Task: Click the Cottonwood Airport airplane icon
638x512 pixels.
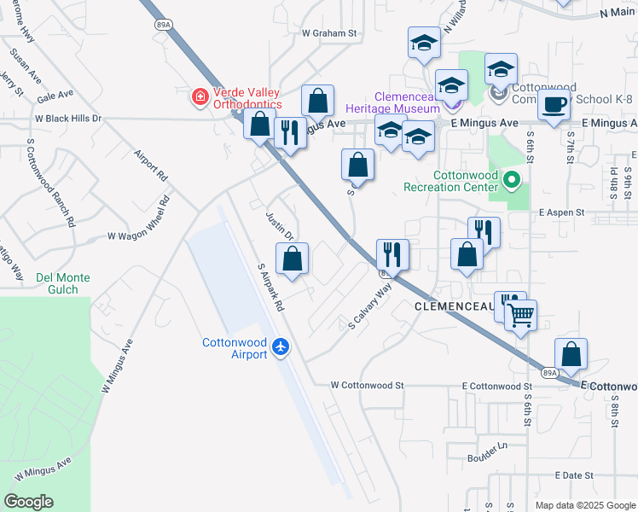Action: [282, 346]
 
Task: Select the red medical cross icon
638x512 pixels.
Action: [200, 98]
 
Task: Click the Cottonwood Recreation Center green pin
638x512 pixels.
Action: [512, 180]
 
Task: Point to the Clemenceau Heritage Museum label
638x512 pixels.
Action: [392, 102]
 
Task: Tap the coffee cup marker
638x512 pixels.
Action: [554, 105]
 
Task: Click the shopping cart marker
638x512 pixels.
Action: [520, 315]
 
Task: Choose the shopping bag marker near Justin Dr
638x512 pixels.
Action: [292, 258]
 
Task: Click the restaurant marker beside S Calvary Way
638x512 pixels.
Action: [392, 254]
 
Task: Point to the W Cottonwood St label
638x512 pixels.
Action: [367, 386]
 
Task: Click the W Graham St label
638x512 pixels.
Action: [328, 33]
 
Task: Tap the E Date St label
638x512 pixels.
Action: [573, 474]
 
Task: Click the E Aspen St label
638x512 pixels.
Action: [561, 212]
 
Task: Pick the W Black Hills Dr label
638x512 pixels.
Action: [68, 119]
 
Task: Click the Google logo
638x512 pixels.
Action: [28, 502]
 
